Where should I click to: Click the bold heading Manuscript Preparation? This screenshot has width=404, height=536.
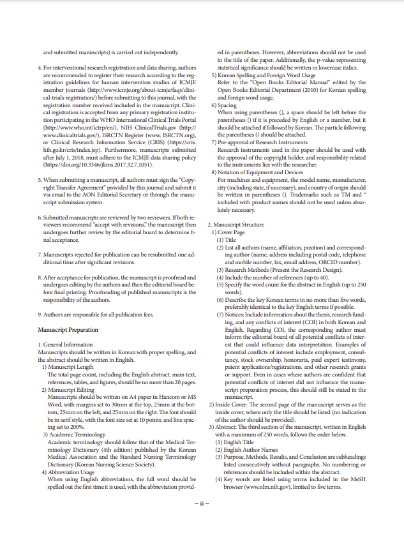(68, 330)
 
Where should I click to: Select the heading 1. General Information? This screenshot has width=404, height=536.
(65, 345)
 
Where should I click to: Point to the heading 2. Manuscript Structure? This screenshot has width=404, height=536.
(236, 225)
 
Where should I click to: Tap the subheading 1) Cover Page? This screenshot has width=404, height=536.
(230, 233)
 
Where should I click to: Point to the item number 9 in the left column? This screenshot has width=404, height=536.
(40, 315)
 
